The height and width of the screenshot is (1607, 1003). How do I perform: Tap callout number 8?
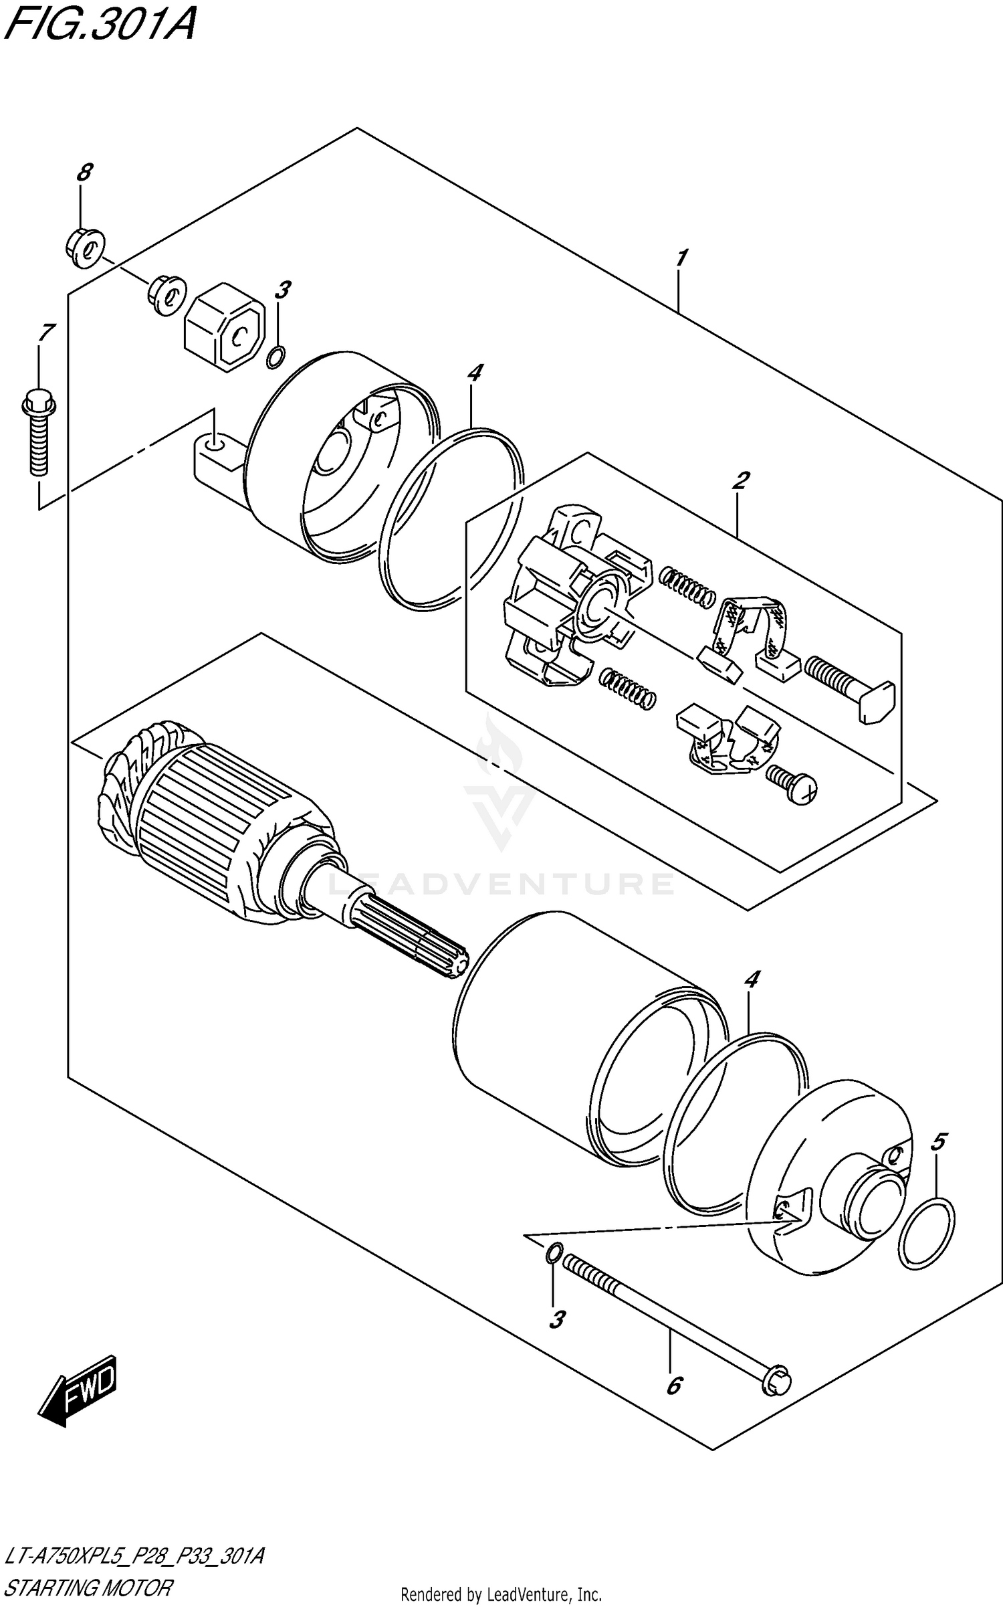84,173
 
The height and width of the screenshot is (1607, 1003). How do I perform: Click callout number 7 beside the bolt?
47,333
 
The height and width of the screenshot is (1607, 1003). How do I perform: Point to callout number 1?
681,258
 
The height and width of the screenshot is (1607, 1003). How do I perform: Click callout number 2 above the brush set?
741,480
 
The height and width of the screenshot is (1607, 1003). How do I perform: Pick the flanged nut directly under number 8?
86,249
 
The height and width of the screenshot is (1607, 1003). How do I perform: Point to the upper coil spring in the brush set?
687,587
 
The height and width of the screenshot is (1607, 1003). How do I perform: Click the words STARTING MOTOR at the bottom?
89,1587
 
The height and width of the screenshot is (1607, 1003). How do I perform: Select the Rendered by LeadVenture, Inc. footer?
501,1595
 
